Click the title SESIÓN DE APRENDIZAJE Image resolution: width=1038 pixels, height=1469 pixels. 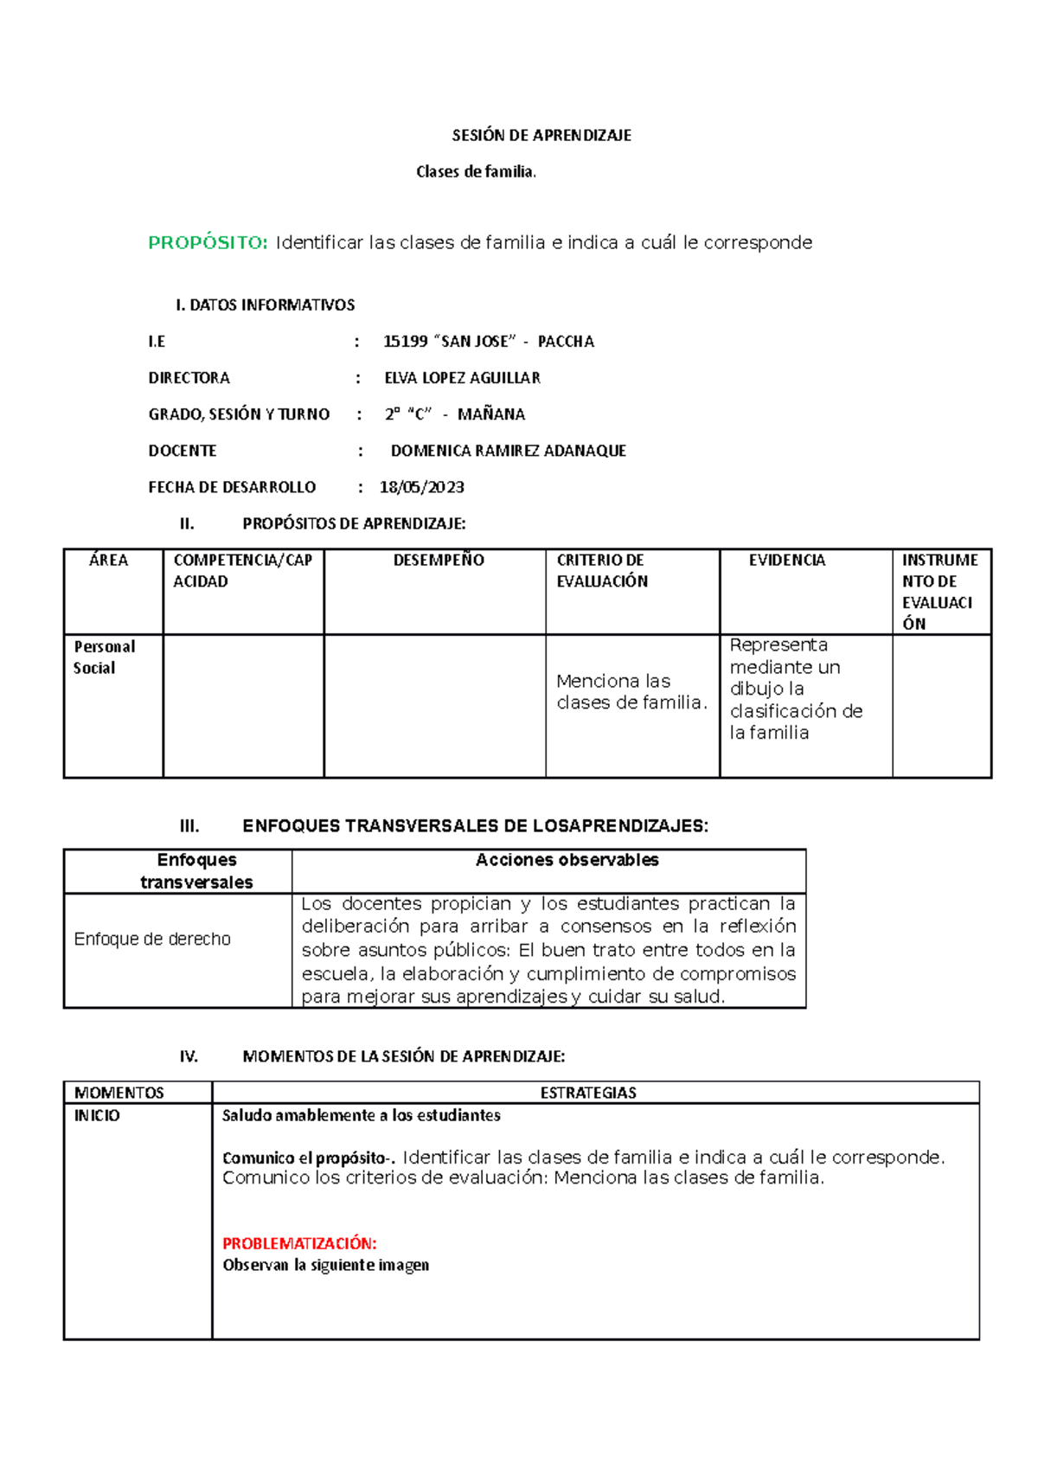pos(541,135)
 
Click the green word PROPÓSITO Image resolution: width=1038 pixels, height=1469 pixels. pos(208,243)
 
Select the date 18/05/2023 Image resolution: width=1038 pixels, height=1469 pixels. pos(421,487)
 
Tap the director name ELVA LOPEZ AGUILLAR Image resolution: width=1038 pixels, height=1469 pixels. pos(462,378)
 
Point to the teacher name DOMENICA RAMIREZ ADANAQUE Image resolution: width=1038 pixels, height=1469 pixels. pos(508,451)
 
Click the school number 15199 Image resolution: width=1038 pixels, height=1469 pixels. pos(405,342)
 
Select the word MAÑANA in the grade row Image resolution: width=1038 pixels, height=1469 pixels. pos(490,414)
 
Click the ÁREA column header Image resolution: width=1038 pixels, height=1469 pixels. pos(109,561)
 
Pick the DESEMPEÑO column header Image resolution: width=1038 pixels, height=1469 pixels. pos(438,561)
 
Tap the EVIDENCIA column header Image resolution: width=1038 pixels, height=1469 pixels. pos(786,561)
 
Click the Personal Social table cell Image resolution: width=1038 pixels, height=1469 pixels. pos(104,658)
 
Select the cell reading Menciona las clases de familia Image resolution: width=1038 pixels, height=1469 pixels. pos(631,692)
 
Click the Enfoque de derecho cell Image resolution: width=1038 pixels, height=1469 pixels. pos(152,940)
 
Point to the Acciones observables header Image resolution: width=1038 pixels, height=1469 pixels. pos(567,860)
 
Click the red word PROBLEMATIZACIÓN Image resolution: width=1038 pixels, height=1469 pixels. pos(299,1243)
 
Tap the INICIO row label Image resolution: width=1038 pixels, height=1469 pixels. pos(97,1116)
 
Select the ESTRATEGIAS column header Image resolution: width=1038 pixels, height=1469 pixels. pos(588,1093)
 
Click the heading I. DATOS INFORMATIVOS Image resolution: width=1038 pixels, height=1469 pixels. pos(265,305)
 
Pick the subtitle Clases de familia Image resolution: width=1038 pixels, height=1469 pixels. pos(476,172)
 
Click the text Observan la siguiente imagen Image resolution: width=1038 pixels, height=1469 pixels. pos(325,1265)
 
